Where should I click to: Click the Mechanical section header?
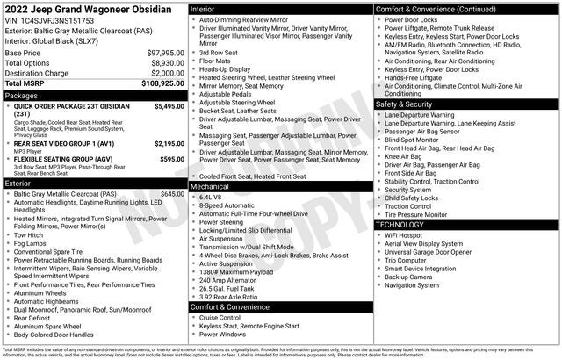tap(210, 186)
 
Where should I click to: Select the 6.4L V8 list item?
tap(211, 197)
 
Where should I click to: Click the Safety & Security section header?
tap(408, 104)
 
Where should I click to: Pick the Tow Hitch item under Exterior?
tap(30, 234)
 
